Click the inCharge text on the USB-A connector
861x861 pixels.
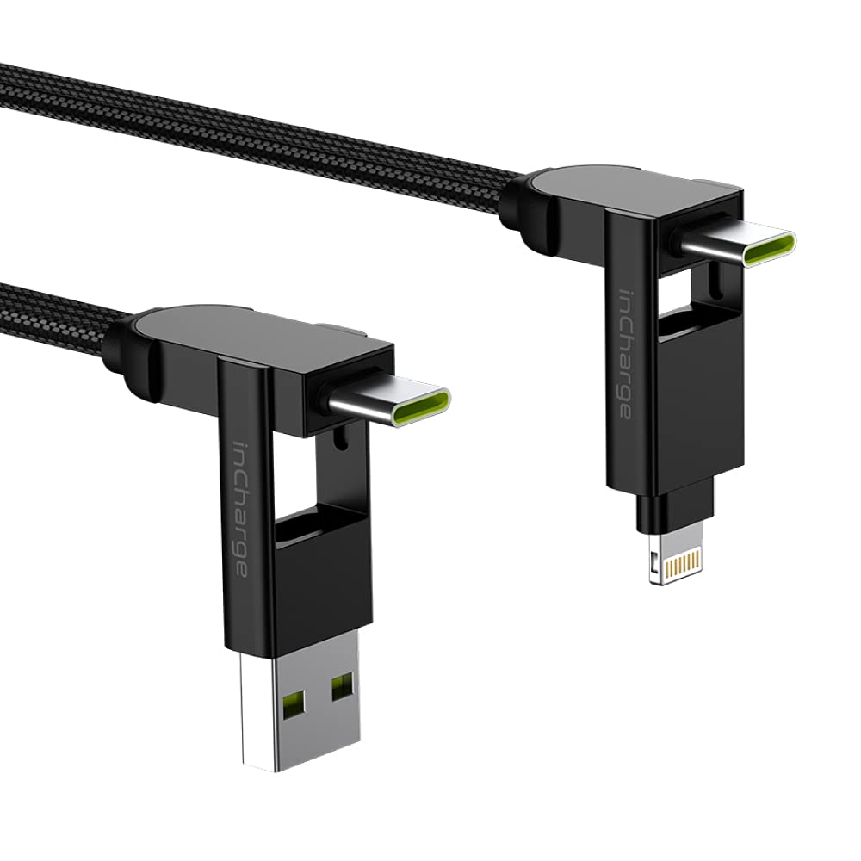coord(240,510)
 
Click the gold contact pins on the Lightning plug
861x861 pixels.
coord(681,561)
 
